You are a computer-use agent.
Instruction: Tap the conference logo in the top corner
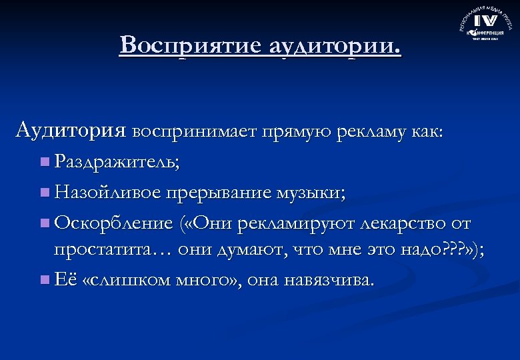pyautogui.click(x=485, y=25)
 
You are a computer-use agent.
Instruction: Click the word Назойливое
pyautogui.click(x=107, y=193)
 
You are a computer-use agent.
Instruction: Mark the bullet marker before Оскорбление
pyautogui.click(x=45, y=223)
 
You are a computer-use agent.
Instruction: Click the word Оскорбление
pyautogui.click(x=113, y=223)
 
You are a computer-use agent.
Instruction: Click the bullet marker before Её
pyautogui.click(x=45, y=280)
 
